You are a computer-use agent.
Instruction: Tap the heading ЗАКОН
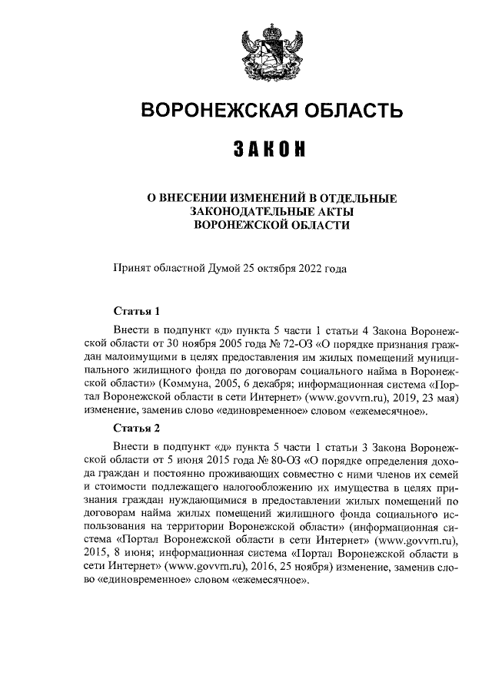click(271, 149)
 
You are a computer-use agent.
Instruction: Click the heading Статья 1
click(136, 312)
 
